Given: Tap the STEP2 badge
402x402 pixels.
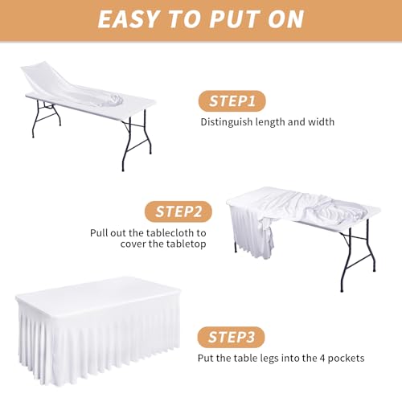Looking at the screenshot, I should pos(178,212).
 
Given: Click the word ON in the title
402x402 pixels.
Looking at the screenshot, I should pos(281,18).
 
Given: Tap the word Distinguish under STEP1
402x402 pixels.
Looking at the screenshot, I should pos(225,123).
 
